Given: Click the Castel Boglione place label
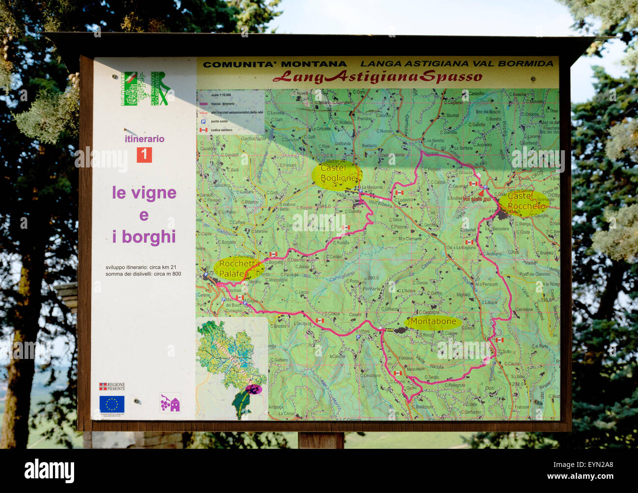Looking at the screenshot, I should click(x=338, y=173).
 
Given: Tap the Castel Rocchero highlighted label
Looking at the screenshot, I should click(x=526, y=201).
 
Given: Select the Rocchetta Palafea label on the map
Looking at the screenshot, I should click(x=239, y=269).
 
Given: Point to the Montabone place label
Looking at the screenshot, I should click(x=433, y=322).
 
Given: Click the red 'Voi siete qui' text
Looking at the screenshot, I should click(x=477, y=199).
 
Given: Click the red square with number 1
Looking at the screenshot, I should click(x=144, y=155).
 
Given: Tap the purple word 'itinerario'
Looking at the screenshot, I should click(x=144, y=139).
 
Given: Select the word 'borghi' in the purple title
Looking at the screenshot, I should click(x=149, y=237).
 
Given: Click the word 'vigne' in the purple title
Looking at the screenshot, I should click(x=154, y=193).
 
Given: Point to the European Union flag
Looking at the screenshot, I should click(x=112, y=404).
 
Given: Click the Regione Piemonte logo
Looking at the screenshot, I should click(x=112, y=386).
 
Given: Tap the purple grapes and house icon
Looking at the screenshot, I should click(x=170, y=403).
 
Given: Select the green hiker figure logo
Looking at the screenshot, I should click(x=160, y=88).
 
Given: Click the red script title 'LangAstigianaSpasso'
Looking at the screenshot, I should click(x=377, y=77).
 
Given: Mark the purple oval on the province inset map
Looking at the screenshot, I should click(x=254, y=389).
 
